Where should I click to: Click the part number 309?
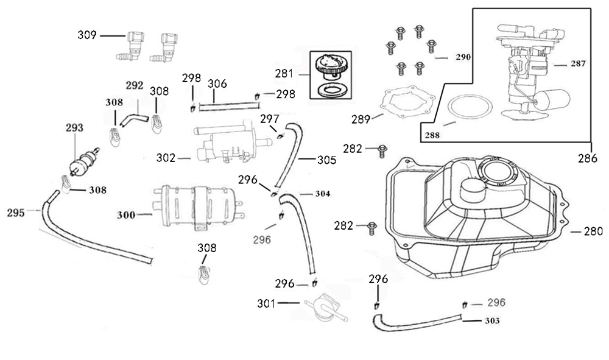(87, 35)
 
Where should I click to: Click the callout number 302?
(166, 158)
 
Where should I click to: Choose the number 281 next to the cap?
(284, 74)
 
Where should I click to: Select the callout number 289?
(361, 119)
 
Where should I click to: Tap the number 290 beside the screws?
(463, 58)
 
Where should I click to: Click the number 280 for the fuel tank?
(593, 231)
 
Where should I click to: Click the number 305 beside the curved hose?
(326, 161)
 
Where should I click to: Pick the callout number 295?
(16, 213)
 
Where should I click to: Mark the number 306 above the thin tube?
(217, 83)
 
